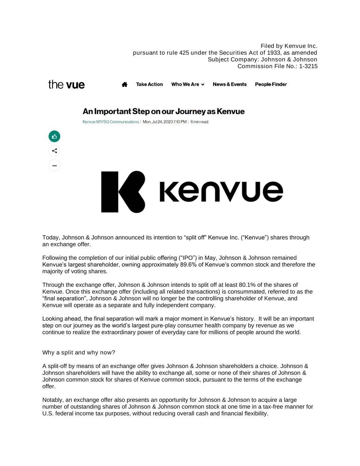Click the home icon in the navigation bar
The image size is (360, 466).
[x=125, y=84]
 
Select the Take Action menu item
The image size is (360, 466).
[x=149, y=84]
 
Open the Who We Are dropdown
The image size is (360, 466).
[x=188, y=84]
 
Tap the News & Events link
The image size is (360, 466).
[x=230, y=84]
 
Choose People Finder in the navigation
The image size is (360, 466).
[x=271, y=84]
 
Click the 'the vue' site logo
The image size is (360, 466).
[x=67, y=84]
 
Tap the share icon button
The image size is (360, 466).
[x=55, y=151]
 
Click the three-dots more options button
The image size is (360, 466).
[x=55, y=166]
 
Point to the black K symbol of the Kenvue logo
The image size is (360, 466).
[x=123, y=192]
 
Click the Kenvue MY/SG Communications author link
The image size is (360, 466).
[x=111, y=122]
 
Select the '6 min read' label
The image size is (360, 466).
[x=199, y=122]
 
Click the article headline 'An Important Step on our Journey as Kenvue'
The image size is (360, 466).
[x=163, y=112]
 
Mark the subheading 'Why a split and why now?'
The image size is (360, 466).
[x=79, y=352]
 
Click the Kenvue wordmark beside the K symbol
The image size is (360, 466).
[x=221, y=191]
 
